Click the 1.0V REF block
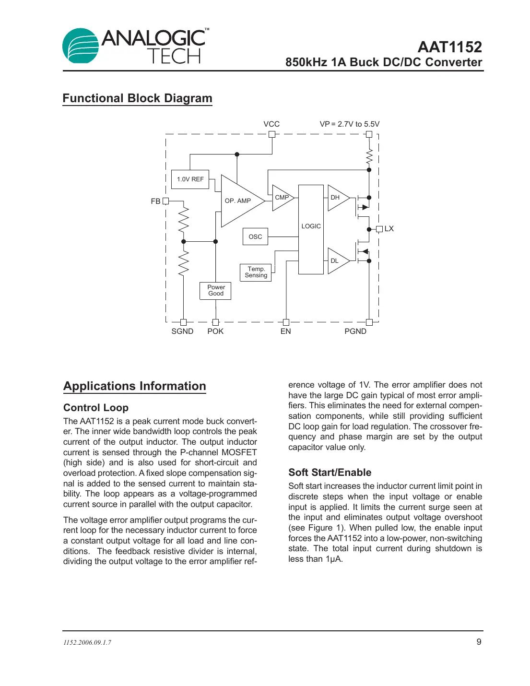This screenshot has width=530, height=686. point(190,179)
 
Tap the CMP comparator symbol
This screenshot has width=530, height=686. point(282,198)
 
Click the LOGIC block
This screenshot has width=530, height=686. point(311,229)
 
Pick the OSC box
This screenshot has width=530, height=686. point(255,237)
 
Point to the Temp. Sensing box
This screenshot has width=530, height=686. point(256,272)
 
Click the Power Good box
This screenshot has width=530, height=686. point(215,291)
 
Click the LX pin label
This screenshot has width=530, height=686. point(389,229)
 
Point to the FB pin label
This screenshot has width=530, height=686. point(155,201)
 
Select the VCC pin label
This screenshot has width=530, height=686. point(271,124)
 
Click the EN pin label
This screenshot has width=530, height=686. point(285,331)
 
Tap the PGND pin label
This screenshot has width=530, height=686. point(355,331)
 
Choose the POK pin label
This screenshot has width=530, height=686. point(215,331)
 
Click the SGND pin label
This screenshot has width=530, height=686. point(182,331)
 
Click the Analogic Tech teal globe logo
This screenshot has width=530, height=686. point(80,46)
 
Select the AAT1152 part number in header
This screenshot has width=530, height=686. point(449,47)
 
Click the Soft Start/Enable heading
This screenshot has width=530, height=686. point(330,473)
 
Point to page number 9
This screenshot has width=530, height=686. point(479,642)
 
